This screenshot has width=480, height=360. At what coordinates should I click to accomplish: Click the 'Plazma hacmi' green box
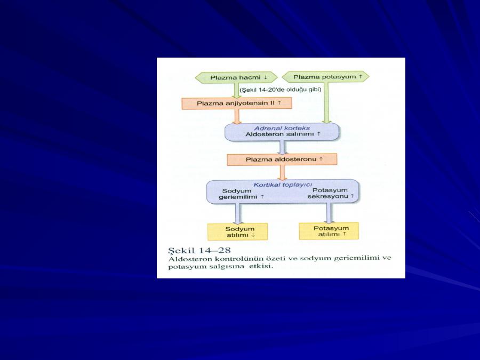(x=236, y=77)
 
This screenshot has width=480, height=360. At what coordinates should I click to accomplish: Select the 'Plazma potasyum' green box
(x=325, y=76)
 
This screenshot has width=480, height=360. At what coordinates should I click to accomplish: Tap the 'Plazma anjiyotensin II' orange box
(x=237, y=103)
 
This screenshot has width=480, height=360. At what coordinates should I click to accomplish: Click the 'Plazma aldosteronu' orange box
(x=282, y=159)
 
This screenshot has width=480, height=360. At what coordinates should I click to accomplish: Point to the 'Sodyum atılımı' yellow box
(x=237, y=232)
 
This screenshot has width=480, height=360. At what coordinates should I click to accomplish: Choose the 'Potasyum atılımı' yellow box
(x=329, y=231)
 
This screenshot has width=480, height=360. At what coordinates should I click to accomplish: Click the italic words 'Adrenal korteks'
(x=282, y=128)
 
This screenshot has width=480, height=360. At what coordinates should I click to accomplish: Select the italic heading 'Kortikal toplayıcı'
(x=283, y=185)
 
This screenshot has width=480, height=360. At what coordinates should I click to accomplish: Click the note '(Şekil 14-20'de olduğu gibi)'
(x=281, y=90)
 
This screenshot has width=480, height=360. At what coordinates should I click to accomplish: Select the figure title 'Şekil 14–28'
(x=199, y=250)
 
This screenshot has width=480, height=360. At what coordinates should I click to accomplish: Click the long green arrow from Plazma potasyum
(x=326, y=103)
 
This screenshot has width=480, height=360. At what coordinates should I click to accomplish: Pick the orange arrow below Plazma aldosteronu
(x=282, y=173)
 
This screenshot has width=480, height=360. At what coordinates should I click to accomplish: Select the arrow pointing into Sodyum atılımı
(x=237, y=214)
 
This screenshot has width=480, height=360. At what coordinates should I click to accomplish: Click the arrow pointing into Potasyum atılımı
(x=329, y=213)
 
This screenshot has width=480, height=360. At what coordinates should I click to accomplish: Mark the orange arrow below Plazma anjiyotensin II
(x=237, y=116)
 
